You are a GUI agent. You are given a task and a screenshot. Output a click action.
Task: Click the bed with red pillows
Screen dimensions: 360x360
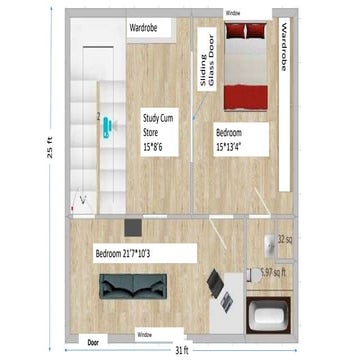[x=245, y=67]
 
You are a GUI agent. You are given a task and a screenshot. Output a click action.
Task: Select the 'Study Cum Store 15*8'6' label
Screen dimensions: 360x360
[x=160, y=129]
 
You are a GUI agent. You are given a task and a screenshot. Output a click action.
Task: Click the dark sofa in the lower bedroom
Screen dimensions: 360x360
[x=128, y=286]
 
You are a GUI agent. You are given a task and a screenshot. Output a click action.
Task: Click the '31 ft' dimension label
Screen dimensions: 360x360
[x=180, y=350]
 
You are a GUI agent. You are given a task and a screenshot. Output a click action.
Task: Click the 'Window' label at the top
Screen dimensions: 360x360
[x=232, y=14]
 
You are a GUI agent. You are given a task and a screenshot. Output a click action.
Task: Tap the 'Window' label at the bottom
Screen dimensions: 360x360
[x=144, y=335]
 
